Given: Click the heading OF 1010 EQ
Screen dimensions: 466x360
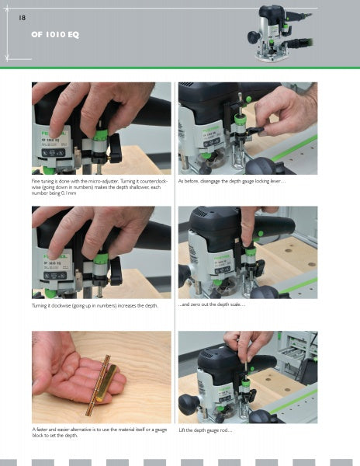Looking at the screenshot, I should point(55,35).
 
